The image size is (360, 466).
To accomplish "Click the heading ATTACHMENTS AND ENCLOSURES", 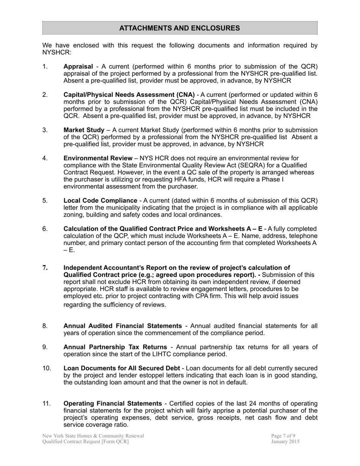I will pos(180,28).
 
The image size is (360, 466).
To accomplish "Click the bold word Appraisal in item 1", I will pos(78,67).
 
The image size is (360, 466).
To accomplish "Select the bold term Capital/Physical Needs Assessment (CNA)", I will pos(129,95).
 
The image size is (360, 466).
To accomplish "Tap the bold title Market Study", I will pos(84,130).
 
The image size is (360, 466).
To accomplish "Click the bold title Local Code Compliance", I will pos(100,200).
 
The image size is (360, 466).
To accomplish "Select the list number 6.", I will pos(45,229).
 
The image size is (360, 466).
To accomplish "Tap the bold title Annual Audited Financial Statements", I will pos(122,326).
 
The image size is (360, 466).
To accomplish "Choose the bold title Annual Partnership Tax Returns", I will pos(115,347).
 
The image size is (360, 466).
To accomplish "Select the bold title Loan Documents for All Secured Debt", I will pos(122,368).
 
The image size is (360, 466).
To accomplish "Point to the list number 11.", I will pos(47,403).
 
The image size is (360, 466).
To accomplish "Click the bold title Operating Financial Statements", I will pos(113,403).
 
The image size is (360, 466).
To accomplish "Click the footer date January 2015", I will pos(285,442).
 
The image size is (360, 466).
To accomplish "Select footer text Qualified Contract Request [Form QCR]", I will pos(85,442).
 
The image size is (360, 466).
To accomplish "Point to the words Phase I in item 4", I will pos(272,180).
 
